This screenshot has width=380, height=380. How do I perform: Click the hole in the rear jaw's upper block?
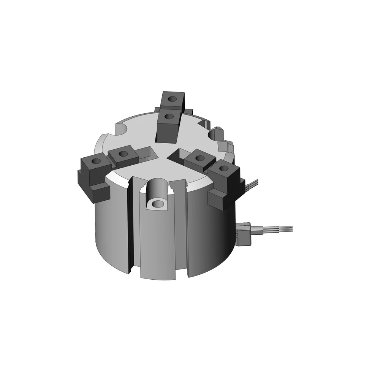click(x=173, y=99)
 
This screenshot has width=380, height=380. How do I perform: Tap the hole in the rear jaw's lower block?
click(x=169, y=116)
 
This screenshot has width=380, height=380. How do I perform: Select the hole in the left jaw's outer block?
click(x=96, y=161)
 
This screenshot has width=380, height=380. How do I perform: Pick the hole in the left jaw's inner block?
click(x=123, y=154)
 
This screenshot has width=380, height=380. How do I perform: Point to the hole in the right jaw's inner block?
click(x=197, y=158)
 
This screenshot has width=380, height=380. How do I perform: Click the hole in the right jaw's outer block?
click(x=224, y=168)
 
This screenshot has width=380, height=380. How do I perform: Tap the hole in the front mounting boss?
click(x=157, y=204)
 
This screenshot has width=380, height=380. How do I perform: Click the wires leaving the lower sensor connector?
click(x=279, y=229)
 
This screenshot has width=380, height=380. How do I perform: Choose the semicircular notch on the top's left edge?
click(x=121, y=130)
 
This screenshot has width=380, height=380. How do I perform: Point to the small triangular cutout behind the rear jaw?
click(x=203, y=123)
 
